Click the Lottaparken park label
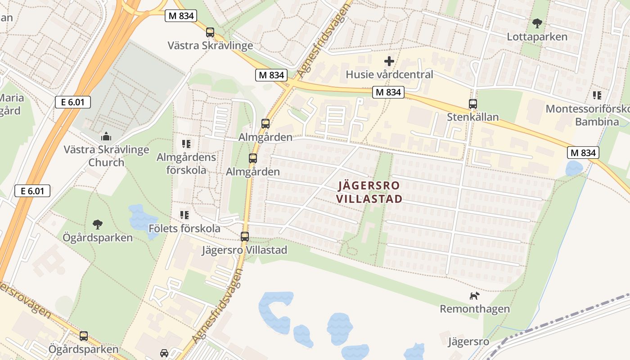[x=537, y=37]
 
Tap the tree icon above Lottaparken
[x=537, y=23]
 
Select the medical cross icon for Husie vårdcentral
[x=389, y=61]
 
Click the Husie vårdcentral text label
[x=389, y=75]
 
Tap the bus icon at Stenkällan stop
[x=472, y=104]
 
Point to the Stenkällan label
[x=472, y=117]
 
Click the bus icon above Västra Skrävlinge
[x=210, y=32]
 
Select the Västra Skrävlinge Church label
[x=106, y=156]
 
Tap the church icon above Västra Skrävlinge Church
[x=106, y=136]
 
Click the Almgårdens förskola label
[x=186, y=163]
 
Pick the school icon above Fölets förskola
[x=184, y=215]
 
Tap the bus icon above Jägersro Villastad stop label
[x=244, y=237]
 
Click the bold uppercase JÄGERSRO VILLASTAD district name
[x=369, y=192]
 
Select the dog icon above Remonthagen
[x=474, y=296]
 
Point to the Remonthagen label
[x=474, y=309]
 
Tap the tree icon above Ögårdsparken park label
[x=97, y=224]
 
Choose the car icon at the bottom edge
[x=164, y=354]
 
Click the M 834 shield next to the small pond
[x=583, y=153]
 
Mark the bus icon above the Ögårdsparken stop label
[x=84, y=336]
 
